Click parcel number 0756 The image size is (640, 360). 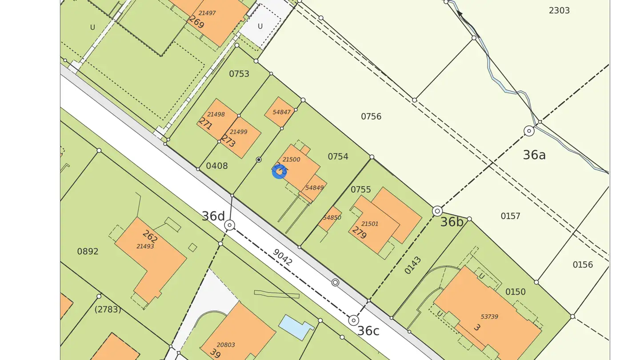[371, 116]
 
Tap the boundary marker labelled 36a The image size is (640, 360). [529, 131]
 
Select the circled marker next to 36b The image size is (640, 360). [437, 211]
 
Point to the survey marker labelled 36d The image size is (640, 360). [229, 225]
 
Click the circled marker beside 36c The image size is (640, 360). [353, 320]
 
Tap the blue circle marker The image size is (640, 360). [279, 172]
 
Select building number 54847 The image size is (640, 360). [281, 112]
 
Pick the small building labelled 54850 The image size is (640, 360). [332, 218]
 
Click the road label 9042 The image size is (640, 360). [282, 257]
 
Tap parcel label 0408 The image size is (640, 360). [217, 166]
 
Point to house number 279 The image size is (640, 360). [359, 232]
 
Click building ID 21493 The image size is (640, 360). [145, 246]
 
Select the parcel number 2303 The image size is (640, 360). [559, 10]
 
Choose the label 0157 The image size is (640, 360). [510, 216]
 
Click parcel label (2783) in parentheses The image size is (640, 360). [108, 309]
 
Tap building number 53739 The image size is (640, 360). [489, 316]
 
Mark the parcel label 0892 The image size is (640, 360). [88, 251]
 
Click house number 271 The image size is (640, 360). [205, 123]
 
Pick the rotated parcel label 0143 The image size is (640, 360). [413, 265]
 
